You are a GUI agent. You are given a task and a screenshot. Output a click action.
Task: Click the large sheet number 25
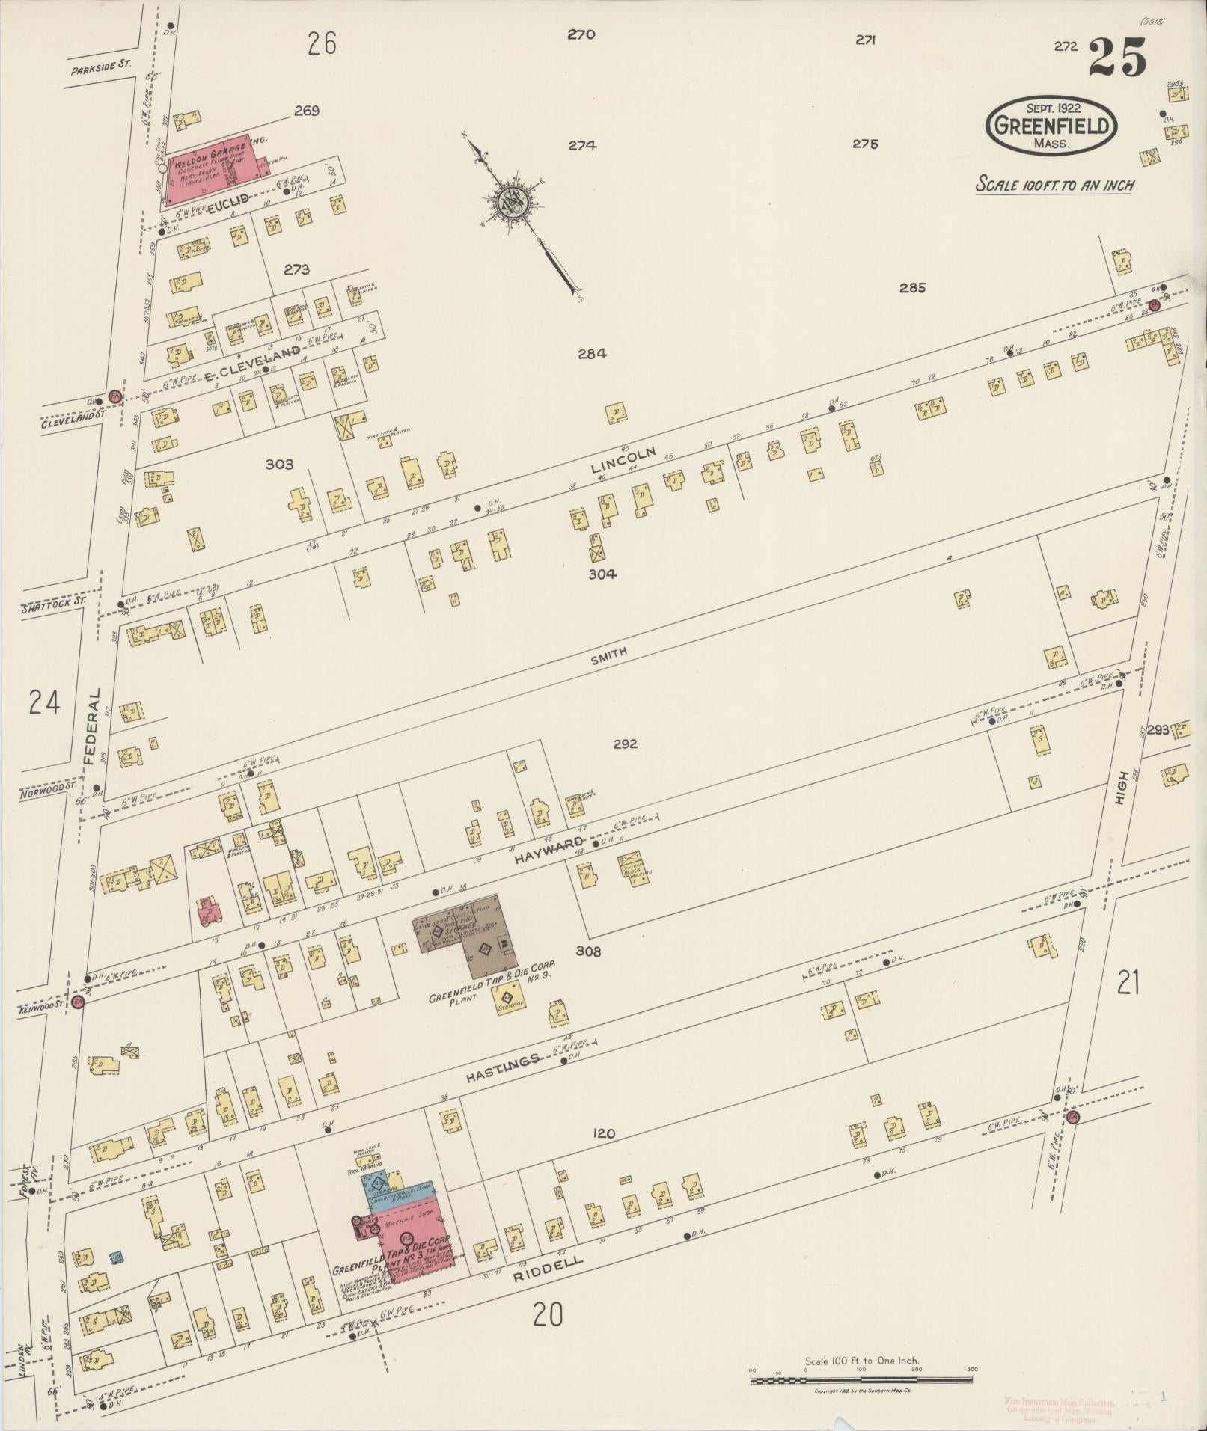[1116, 58]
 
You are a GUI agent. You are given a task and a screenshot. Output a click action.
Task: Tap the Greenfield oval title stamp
[1051, 126]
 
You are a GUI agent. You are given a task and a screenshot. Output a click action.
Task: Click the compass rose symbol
[517, 201]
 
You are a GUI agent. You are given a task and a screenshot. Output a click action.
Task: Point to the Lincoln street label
[623, 459]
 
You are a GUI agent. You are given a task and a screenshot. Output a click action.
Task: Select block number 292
[624, 744]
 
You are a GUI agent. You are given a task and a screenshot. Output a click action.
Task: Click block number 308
[588, 952]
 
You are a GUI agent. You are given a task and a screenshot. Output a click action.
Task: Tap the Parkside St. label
[100, 67]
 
